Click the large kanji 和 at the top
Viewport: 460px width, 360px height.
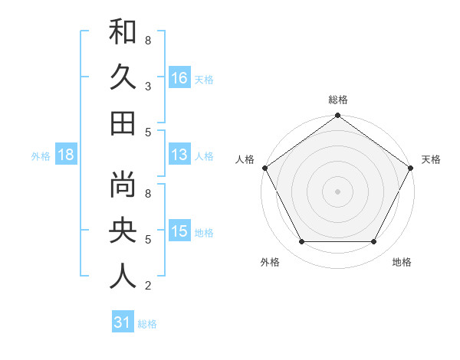tap(123, 33)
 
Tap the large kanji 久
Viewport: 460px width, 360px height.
tap(123, 77)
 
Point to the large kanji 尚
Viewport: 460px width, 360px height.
tap(123, 185)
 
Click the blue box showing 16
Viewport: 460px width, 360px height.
tap(179, 77)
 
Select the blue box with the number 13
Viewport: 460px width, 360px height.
tap(179, 155)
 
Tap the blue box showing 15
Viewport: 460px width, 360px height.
tap(179, 231)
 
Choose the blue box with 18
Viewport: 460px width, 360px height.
tap(66, 155)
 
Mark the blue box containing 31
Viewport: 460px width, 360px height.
tap(122, 322)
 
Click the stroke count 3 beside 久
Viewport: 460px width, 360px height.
tap(147, 86)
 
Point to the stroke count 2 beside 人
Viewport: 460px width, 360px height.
tap(147, 286)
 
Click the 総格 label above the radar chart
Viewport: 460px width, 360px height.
tap(338, 100)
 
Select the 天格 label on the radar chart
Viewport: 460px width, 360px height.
tap(432, 159)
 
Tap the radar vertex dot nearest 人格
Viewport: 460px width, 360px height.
tap(264, 168)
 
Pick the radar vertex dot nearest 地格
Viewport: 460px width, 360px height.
tap(374, 242)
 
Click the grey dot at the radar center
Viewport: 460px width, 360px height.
tap(337, 191)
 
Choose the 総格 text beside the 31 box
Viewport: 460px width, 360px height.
tap(147, 324)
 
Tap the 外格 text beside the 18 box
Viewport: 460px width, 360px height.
tap(41, 156)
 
